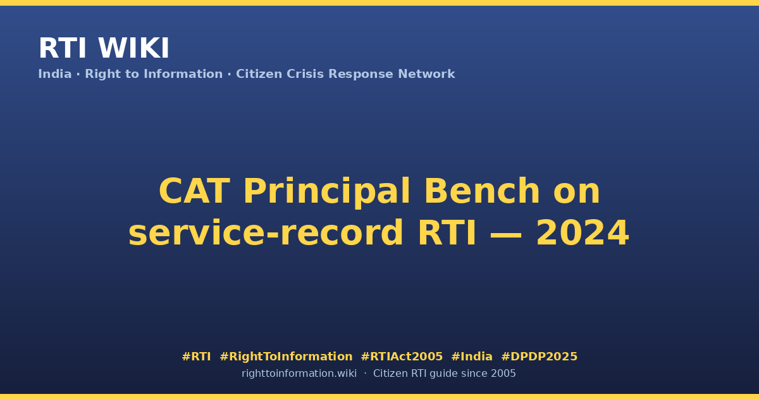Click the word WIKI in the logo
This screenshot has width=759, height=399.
pos(133,48)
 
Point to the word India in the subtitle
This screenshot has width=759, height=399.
pos(55,74)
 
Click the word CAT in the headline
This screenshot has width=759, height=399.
pos(194,191)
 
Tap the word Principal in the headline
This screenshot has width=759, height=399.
pos(326,193)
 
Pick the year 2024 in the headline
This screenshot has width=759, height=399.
pos(583,233)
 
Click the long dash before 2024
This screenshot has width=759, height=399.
pos(506,234)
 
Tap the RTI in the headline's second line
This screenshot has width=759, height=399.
pos(447,233)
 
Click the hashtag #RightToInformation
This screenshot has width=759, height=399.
pos(286,357)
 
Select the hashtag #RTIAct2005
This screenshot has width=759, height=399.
pos(402,357)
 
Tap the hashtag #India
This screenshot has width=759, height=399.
pos(472,357)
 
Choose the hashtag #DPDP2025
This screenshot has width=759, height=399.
pos(539,357)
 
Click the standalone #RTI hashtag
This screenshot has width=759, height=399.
pos(196,357)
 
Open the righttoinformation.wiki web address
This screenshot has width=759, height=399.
pos(299,374)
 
